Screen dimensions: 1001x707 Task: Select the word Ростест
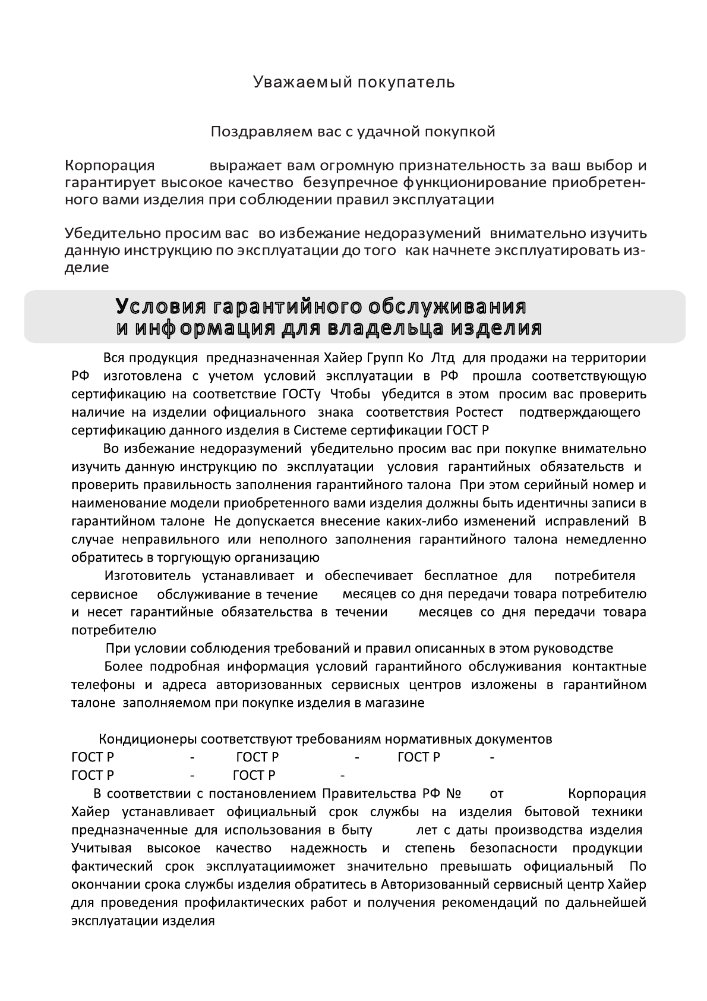[479, 412]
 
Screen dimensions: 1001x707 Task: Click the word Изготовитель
[148, 576]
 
